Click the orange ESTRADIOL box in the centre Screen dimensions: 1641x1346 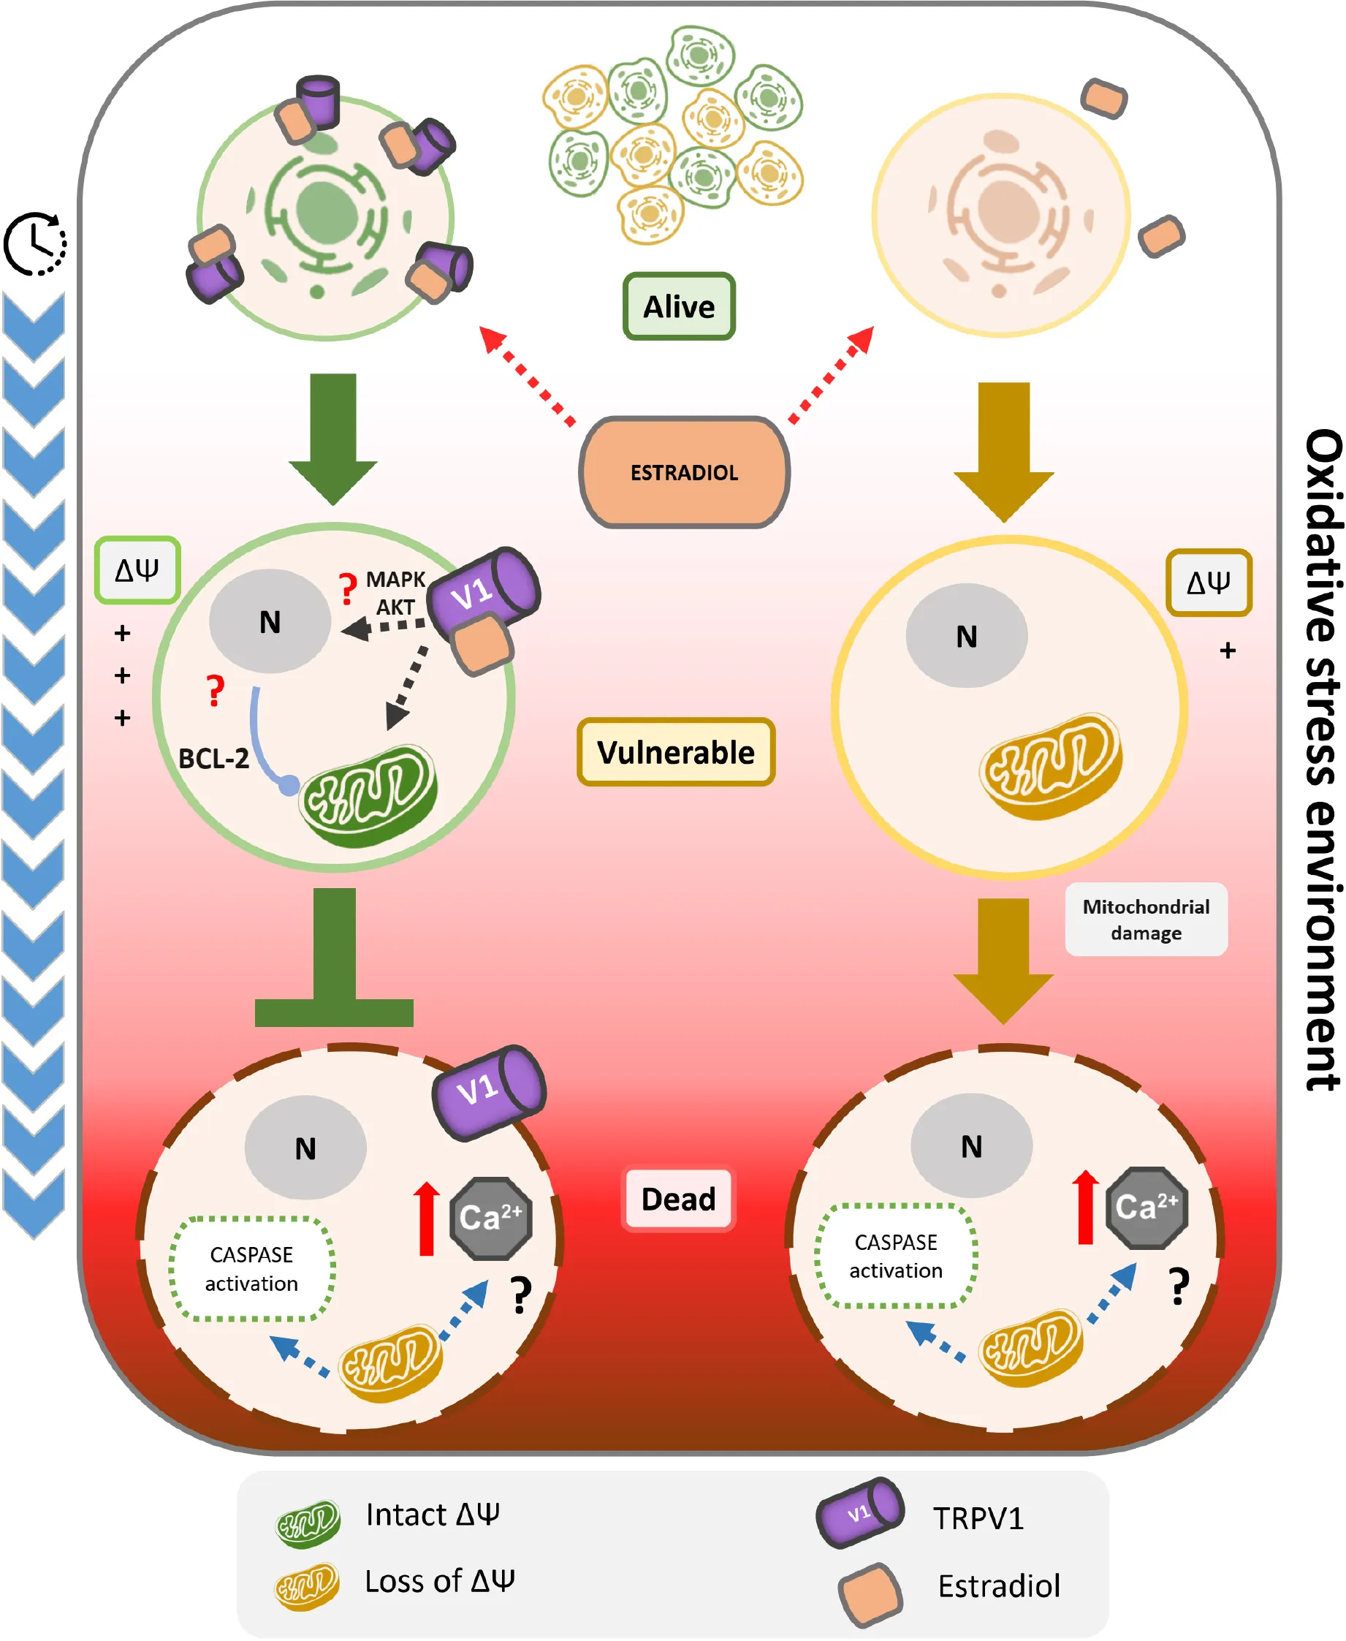tap(684, 472)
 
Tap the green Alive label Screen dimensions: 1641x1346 tap(678, 306)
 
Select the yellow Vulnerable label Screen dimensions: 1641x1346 tap(675, 751)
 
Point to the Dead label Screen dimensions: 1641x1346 tap(677, 1199)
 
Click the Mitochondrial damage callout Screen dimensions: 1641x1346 tap(1145, 919)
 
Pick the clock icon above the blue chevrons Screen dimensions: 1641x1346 tap(35, 243)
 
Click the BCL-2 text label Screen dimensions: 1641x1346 tap(213, 758)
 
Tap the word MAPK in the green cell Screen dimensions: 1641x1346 tap(395, 580)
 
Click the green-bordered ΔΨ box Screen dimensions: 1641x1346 tap(137, 570)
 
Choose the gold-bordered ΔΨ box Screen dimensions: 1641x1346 tap(1208, 583)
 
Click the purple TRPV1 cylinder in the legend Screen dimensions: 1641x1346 tap(860, 1512)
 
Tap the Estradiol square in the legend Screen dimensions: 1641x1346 tap(870, 1594)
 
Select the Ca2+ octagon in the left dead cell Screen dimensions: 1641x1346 tap(491, 1218)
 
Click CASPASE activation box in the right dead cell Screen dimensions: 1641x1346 tap(896, 1256)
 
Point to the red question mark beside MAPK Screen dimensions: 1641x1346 tap(347, 588)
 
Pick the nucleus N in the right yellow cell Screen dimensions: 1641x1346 tap(966, 636)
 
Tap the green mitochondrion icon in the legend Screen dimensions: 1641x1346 tap(308, 1523)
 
